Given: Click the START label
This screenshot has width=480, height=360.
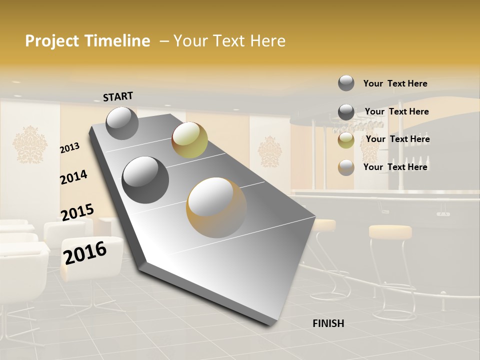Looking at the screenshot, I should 118,96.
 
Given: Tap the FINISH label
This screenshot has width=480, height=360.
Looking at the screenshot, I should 328,323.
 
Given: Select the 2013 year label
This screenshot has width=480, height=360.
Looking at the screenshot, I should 69,148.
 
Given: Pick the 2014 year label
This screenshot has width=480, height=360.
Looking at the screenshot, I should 73,177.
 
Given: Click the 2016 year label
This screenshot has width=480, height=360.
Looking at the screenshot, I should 85,253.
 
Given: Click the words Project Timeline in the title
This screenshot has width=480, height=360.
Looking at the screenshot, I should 87,41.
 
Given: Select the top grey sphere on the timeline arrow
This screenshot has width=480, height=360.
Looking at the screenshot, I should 122,123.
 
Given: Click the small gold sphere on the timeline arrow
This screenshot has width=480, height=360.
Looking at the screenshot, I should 189,140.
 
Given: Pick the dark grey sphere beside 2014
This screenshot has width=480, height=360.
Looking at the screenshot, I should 145,179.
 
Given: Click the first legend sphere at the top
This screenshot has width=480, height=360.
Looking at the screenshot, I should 346,83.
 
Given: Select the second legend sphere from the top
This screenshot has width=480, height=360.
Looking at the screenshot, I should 346,112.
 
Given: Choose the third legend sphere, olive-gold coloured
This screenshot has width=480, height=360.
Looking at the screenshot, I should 346,140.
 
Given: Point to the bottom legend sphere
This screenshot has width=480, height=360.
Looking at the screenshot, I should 346,167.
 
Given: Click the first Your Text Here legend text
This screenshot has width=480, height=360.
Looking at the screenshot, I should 395,83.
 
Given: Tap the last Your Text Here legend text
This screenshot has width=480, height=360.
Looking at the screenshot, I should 395,167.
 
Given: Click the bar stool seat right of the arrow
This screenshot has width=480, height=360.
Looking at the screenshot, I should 390,231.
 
